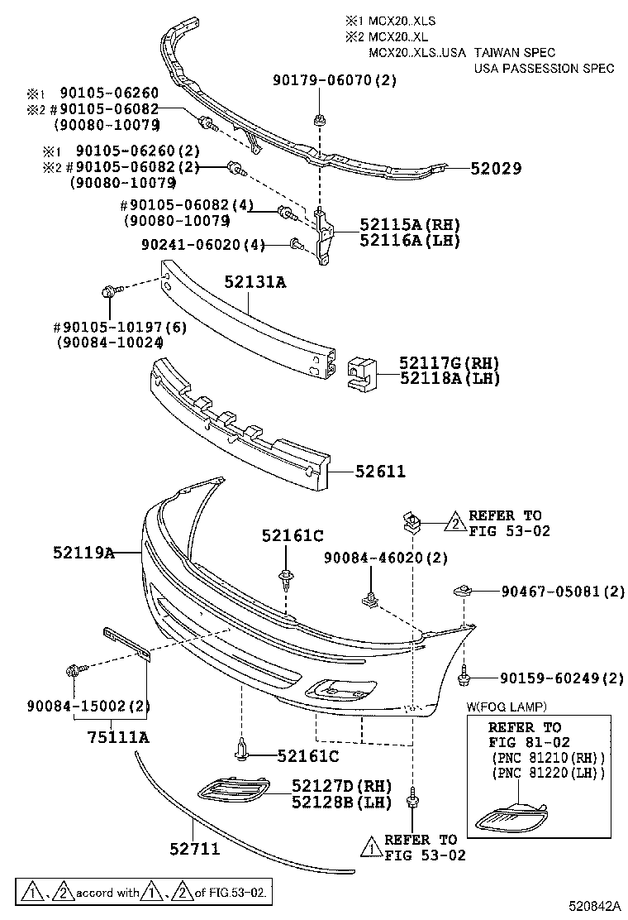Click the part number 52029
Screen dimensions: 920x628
pos(496,168)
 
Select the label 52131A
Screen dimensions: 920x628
pos(255,282)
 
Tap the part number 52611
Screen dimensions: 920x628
pos(380,472)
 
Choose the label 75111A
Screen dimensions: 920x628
pos(119,737)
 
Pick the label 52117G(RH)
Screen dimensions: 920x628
pos(450,363)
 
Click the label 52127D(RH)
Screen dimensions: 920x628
pos(341,785)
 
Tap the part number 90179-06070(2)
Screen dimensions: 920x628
pos(335,80)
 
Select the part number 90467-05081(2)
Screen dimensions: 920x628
pos(563,592)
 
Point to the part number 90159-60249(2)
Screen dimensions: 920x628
pos(562,678)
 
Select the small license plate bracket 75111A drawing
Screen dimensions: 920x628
pos(125,643)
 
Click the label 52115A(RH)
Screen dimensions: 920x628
pos(409,224)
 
